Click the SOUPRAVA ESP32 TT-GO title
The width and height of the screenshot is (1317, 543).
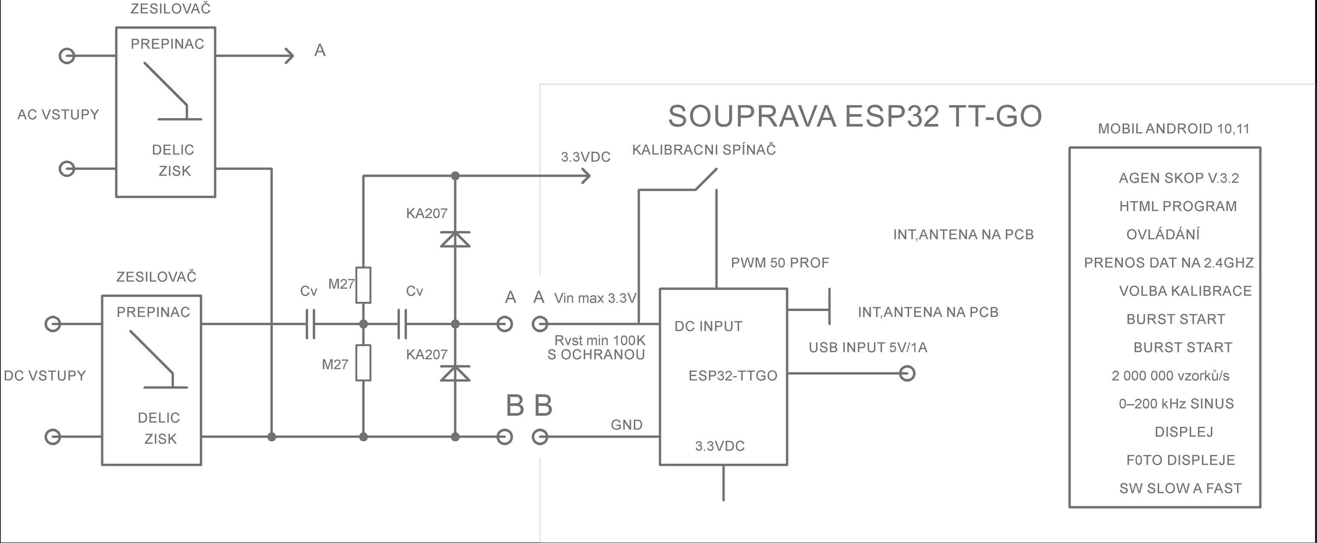[854, 116]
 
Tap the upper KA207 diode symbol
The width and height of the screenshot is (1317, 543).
[455, 239]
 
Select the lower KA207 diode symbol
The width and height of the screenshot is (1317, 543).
[455, 374]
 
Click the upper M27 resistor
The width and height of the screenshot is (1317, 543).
[363, 285]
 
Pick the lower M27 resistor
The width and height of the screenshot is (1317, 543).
[363, 362]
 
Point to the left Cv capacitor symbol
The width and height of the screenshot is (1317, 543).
[310, 323]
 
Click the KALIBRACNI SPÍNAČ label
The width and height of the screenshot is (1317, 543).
[704, 150]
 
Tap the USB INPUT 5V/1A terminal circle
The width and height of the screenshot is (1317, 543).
[907, 374]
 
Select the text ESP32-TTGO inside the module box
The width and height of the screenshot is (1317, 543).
[733, 376]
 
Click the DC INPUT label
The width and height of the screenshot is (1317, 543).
[708, 326]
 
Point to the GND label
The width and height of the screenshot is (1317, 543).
[626, 425]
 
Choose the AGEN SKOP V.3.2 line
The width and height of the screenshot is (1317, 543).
[1178, 178]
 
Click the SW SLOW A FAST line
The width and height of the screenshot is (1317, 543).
[1180, 488]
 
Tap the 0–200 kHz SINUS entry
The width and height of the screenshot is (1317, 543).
[1176, 404]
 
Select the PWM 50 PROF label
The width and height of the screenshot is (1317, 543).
[780, 263]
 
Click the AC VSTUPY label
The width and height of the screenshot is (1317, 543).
[58, 115]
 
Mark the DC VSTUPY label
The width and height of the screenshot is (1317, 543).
[45, 376]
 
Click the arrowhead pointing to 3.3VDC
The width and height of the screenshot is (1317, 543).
[587, 176]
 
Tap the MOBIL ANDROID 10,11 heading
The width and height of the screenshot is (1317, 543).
[1173, 129]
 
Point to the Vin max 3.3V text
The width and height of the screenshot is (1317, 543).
[595, 298]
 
